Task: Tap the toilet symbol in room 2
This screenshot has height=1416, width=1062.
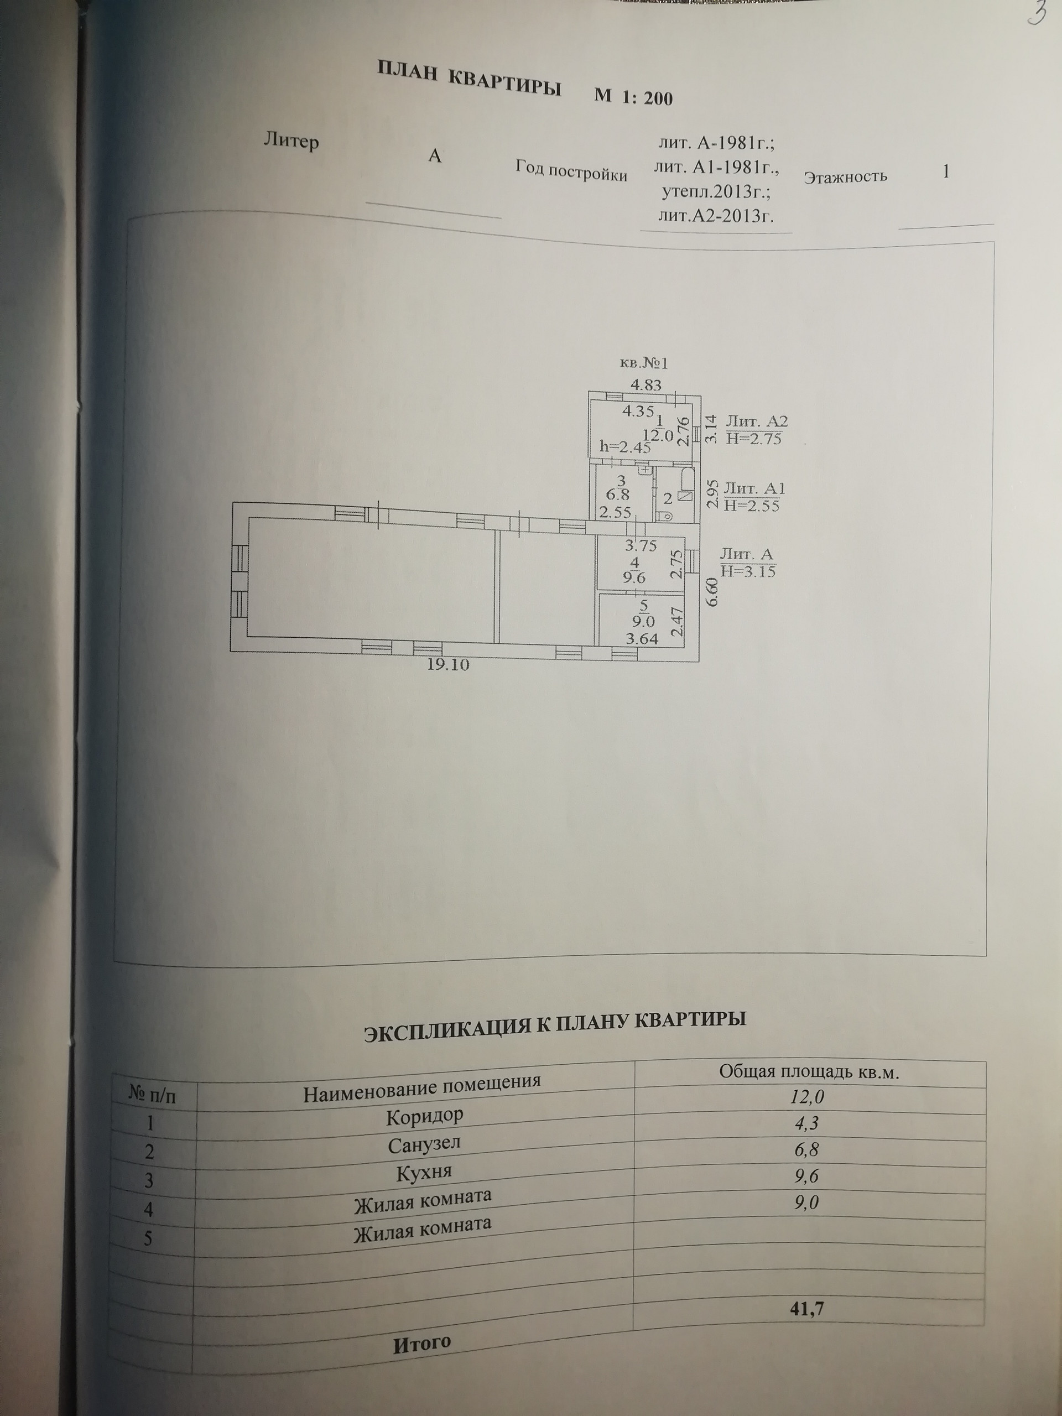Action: click(x=666, y=514)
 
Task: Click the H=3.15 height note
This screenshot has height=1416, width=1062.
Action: click(x=748, y=570)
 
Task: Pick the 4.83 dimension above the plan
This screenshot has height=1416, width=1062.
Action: click(x=646, y=386)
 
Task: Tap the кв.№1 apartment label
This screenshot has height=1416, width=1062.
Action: click(x=643, y=363)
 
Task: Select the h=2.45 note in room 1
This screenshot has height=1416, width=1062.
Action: click(x=625, y=447)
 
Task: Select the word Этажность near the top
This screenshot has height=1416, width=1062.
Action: click(x=845, y=176)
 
